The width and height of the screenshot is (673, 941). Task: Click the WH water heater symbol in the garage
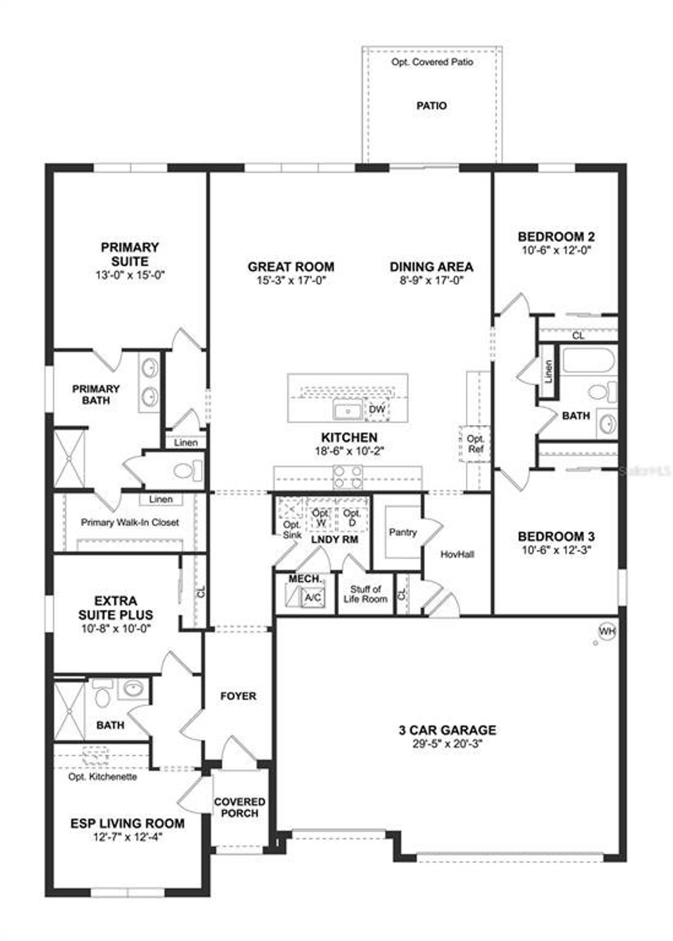tap(607, 632)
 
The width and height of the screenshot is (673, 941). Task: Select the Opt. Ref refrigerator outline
tap(475, 444)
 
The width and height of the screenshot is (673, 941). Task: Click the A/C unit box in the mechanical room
tap(313, 597)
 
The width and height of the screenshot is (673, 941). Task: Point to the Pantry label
tap(403, 532)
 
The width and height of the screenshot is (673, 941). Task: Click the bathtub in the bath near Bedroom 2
tap(588, 360)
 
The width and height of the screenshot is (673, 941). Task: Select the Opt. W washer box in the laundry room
tap(320, 518)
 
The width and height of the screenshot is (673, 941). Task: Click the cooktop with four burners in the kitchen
tap(348, 478)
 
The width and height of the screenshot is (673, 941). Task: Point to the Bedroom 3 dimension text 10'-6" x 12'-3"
tap(556, 550)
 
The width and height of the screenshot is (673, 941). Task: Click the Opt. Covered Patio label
tap(432, 62)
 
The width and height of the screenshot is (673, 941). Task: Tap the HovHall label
tap(457, 554)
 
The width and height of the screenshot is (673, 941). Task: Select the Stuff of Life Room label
tap(365, 594)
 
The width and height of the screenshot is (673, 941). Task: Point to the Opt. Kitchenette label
tap(103, 777)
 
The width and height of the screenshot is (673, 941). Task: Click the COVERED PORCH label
tap(239, 808)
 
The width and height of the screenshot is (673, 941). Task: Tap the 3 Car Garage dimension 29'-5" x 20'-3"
tap(447, 744)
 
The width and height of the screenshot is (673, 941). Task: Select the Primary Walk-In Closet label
tap(130, 522)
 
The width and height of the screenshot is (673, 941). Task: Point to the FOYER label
tap(238, 696)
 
